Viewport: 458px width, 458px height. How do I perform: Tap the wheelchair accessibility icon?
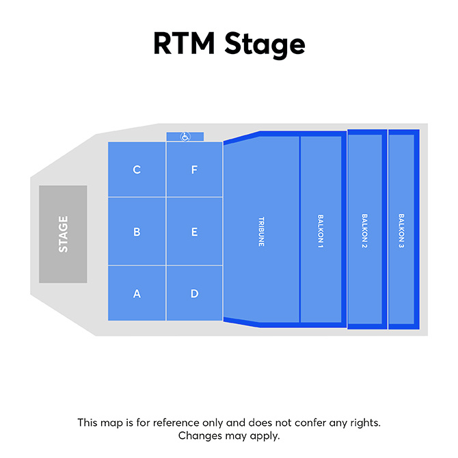tap(185, 137)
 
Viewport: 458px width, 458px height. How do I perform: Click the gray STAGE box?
tap(63, 234)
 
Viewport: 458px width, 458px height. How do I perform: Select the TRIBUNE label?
tap(261, 232)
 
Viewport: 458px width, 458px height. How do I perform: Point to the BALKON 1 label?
tap(320, 232)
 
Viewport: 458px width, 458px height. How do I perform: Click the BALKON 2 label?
tap(364, 232)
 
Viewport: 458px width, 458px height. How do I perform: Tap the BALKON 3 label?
tap(401, 232)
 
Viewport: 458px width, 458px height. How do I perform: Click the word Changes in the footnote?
tap(198, 435)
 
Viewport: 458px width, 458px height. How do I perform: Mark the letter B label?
tap(137, 232)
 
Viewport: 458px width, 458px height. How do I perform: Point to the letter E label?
tap(194, 232)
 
